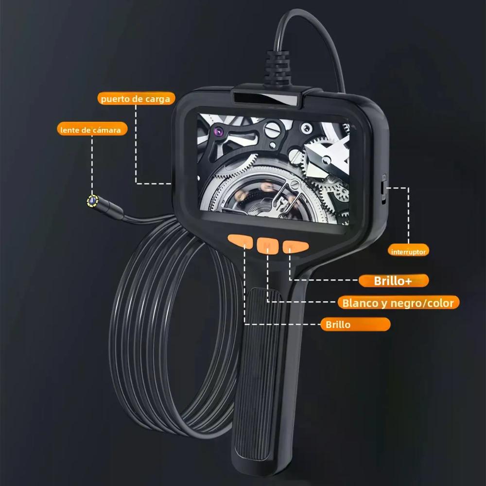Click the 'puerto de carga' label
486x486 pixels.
point(136,99)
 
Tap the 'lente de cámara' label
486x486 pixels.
point(92,129)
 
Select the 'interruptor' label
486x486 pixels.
point(408,251)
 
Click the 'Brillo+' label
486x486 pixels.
point(394,280)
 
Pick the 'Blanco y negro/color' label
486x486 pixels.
point(399,302)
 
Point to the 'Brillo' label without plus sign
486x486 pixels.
point(355,324)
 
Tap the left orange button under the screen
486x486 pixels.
point(241,241)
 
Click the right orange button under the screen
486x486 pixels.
point(295,247)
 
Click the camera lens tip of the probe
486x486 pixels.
point(92,201)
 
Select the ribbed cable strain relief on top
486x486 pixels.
point(277,67)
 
